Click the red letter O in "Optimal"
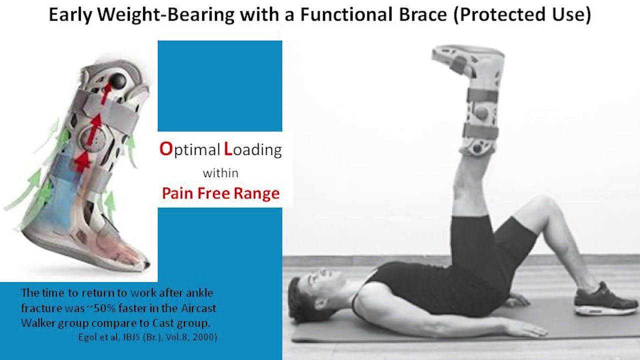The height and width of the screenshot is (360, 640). tap(165, 149)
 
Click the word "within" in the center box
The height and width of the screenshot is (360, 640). tap(220, 173)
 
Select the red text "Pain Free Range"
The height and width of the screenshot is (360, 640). tap(220, 193)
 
